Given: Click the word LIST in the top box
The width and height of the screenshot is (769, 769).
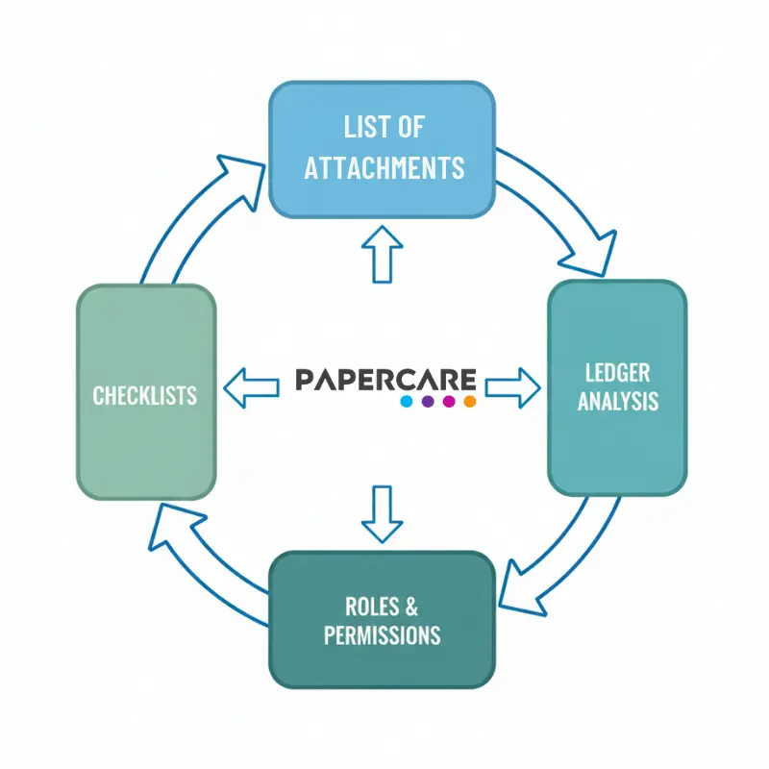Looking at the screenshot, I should click(x=359, y=127).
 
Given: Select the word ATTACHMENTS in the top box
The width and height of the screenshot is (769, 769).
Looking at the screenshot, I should click(x=384, y=167).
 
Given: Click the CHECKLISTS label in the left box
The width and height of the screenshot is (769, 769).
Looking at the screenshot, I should click(x=145, y=394).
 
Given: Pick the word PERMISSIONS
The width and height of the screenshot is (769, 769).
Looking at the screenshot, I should click(x=383, y=635).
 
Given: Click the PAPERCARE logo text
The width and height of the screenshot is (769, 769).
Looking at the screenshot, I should click(x=385, y=379).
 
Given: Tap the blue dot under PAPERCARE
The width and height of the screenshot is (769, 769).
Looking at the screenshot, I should click(x=407, y=401).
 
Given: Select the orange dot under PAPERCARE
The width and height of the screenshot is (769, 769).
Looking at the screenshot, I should click(x=470, y=401).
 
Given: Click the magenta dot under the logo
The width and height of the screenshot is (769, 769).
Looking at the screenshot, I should click(x=449, y=401).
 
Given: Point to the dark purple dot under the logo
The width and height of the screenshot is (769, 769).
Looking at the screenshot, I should click(x=428, y=401).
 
